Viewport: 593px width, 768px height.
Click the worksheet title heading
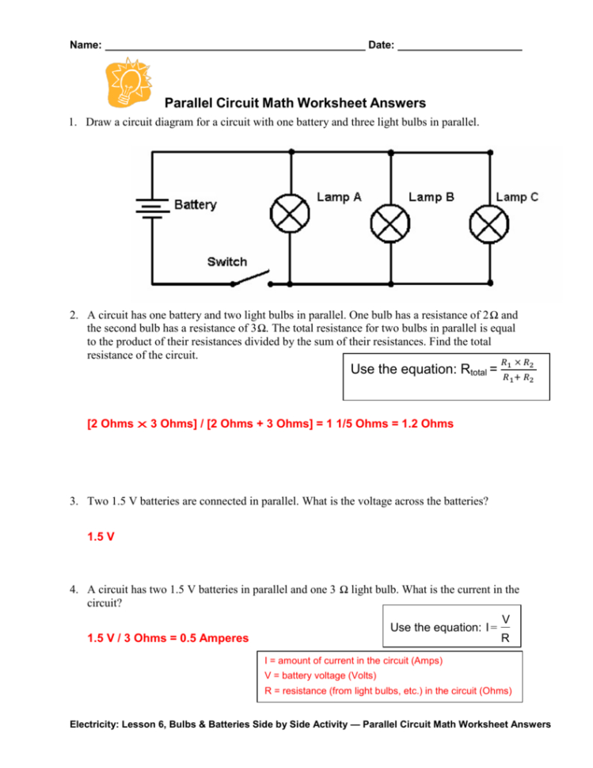295,103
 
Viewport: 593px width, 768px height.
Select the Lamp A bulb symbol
291,213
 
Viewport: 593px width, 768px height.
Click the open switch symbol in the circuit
254,279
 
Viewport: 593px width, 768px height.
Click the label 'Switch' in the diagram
226,261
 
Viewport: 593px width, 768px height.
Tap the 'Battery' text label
195,205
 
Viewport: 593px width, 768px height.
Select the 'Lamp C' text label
516,197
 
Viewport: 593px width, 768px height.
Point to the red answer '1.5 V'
101,536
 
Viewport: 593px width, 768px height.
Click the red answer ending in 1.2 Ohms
269,424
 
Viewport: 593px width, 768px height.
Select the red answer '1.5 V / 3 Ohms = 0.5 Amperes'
168,637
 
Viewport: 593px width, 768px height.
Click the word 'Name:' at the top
86,45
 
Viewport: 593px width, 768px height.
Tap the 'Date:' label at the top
382,45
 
